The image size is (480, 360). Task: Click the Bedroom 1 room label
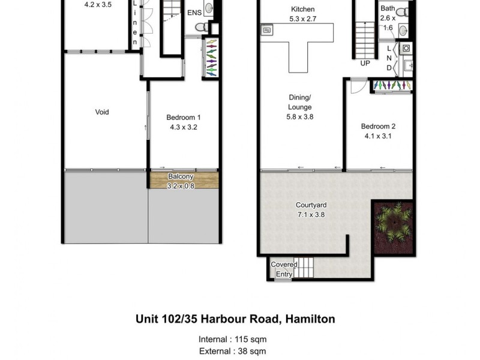coord(183,118)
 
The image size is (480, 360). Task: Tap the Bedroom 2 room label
coord(378,127)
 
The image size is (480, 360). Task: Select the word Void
coord(102,112)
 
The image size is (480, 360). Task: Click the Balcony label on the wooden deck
coord(180,176)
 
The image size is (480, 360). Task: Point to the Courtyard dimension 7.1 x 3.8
coord(310,214)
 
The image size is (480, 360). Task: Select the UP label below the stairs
coord(365,62)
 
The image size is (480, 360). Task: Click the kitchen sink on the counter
coord(267,29)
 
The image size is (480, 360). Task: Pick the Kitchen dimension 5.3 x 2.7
coord(302,19)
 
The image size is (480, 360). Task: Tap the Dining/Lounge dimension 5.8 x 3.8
coord(300,116)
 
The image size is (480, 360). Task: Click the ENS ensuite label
coord(194,13)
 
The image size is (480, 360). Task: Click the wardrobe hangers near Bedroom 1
coord(211,58)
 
